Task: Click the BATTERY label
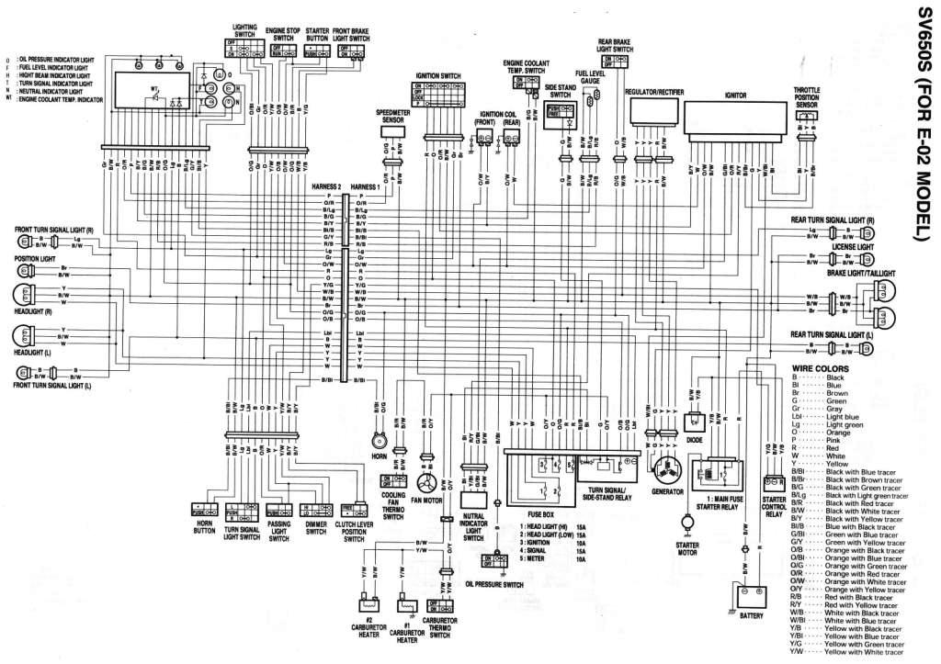(752, 615)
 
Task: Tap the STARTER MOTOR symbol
(686, 521)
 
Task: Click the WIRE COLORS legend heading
(816, 368)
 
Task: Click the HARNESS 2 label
(326, 186)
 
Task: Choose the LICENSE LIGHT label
(853, 247)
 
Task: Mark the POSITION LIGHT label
(34, 259)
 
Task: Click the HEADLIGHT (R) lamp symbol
(20, 295)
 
